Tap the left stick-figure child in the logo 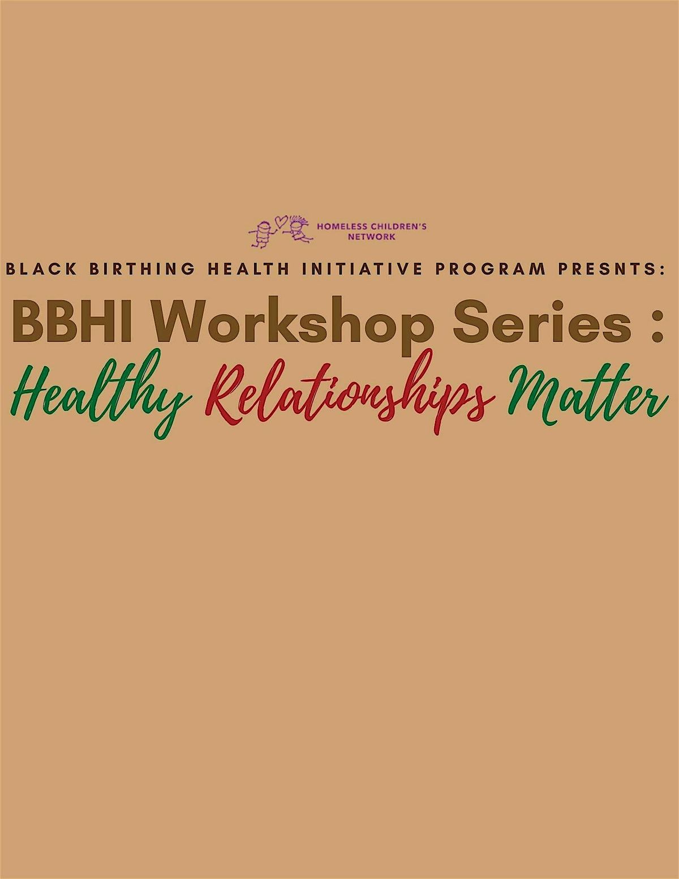[x=261, y=234]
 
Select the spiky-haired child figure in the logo [x=298, y=231]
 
